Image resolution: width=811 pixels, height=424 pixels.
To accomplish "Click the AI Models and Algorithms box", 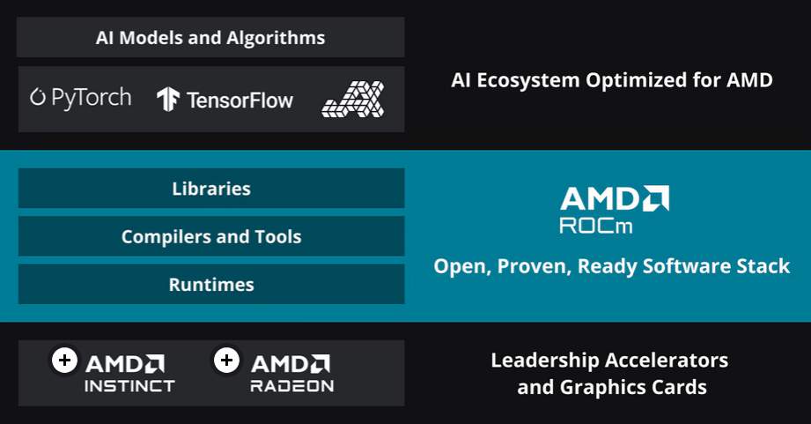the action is (x=210, y=37).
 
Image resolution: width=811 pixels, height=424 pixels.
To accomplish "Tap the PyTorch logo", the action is (x=81, y=98).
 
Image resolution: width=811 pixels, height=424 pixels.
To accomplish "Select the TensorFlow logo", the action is (x=225, y=100).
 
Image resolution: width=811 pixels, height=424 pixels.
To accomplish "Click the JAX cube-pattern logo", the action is (x=353, y=99).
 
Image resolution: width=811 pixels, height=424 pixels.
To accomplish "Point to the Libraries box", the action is (x=211, y=189).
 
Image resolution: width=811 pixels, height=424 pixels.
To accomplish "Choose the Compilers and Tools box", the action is (x=211, y=236).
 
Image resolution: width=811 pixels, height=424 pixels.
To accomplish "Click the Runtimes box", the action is (x=211, y=284).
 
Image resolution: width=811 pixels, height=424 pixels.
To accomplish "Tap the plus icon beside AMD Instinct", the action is (x=64, y=360).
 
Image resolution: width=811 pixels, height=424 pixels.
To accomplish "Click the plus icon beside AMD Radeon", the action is (x=226, y=360).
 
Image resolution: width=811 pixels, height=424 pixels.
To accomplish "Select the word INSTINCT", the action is (x=129, y=386).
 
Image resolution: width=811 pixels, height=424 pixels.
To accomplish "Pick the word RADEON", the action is (x=292, y=386).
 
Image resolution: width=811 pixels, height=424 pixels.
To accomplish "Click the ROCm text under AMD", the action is (x=596, y=226).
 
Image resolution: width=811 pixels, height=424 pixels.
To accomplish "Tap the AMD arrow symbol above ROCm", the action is (x=656, y=198).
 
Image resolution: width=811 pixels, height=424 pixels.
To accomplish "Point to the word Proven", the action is (x=535, y=266).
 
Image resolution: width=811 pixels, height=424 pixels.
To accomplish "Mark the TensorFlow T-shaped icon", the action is (x=168, y=99).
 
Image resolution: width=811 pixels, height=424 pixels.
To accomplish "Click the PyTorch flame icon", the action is (x=38, y=97).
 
